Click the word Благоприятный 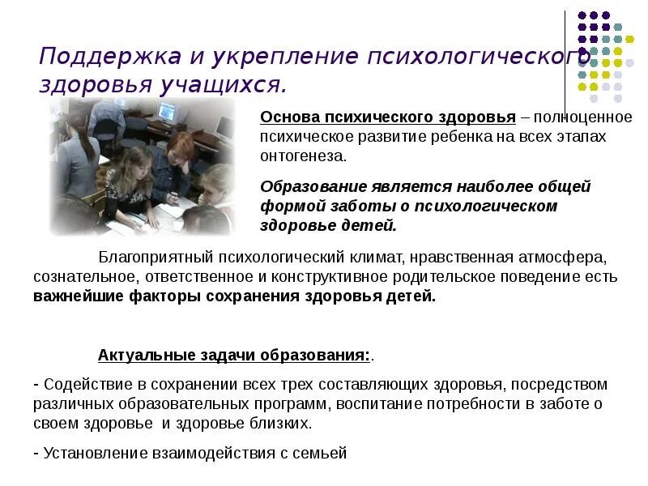(151, 258)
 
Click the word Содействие (79, 384)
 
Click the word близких (282, 423)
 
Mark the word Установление (93, 453)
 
